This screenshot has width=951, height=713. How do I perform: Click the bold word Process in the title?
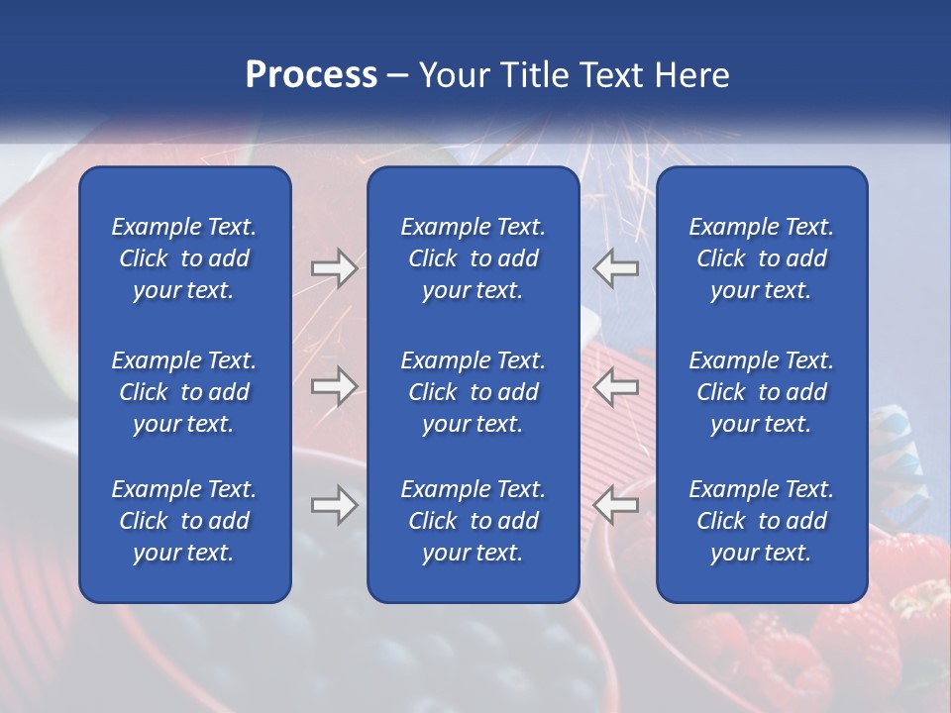(x=311, y=74)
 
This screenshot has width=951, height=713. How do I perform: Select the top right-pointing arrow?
(x=334, y=268)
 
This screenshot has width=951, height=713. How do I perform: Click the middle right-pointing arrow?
(x=334, y=386)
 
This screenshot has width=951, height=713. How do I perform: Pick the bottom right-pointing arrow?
(x=334, y=505)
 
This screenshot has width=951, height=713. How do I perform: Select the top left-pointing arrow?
(x=616, y=268)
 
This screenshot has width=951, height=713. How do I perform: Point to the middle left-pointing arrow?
(x=616, y=386)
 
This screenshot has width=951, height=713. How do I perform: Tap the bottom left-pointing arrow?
(x=616, y=505)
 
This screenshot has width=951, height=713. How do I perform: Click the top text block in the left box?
(x=184, y=258)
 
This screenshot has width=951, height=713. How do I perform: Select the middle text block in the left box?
(x=184, y=392)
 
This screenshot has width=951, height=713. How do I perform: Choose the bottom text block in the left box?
(x=184, y=521)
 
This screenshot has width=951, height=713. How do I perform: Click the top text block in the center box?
(x=473, y=258)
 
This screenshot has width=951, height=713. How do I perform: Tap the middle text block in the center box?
(x=473, y=392)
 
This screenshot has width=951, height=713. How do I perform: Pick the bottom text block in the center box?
(x=473, y=521)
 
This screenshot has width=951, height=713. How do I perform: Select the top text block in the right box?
(x=761, y=258)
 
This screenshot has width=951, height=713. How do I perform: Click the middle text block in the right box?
(x=761, y=392)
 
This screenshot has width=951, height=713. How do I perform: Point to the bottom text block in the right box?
(x=761, y=521)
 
